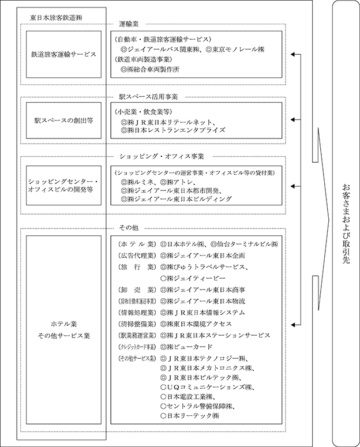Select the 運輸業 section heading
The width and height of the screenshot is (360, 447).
coord(130,24)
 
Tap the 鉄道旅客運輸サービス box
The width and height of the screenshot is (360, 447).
coord(63,55)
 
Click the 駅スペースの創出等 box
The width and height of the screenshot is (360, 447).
coord(63,121)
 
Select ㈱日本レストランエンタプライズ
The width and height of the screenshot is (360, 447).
coord(173,131)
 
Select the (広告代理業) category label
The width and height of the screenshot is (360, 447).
coord(136,255)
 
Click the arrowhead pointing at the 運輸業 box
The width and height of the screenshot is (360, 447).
coord(295,55)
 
